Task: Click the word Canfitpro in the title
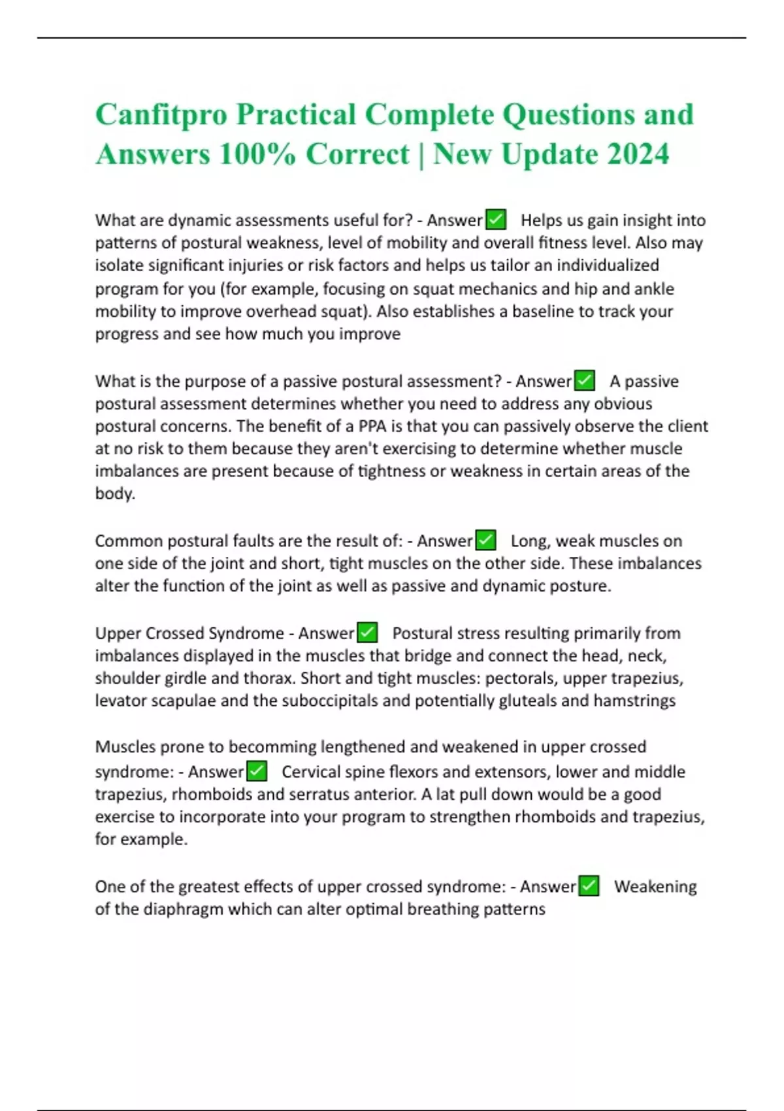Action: coord(161,115)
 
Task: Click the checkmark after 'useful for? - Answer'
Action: coord(497,220)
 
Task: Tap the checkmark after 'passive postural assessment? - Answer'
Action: coord(585,380)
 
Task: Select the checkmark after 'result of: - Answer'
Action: coord(485,540)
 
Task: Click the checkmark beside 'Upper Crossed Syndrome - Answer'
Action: coord(368,633)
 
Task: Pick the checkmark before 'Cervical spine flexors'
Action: coord(257,771)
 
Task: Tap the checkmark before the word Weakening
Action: coord(589,886)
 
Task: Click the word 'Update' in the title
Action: coord(548,155)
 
